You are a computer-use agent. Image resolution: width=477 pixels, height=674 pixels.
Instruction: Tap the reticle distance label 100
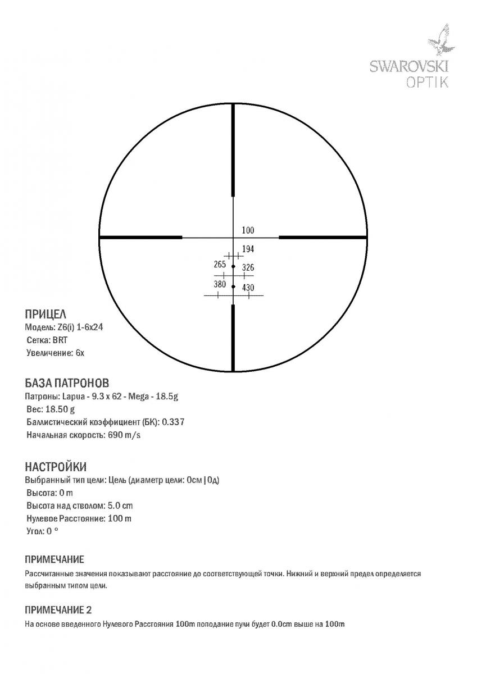click(248, 230)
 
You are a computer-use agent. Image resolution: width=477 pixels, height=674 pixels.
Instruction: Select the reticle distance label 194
click(248, 249)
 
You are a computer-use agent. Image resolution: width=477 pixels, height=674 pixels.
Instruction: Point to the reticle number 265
click(220, 265)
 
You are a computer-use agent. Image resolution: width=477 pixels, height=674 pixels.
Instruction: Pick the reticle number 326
click(248, 268)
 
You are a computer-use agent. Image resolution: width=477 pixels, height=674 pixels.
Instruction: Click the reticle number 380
click(220, 284)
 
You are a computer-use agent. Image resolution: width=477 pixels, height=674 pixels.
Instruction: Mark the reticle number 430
click(248, 288)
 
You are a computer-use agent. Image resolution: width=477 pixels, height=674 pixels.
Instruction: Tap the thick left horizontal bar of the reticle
click(140, 238)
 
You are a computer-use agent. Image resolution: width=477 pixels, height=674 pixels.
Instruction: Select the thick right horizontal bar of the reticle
click(323, 238)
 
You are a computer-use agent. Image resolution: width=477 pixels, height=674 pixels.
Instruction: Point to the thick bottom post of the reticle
click(233, 337)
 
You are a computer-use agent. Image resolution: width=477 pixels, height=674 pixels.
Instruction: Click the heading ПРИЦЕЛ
click(46, 315)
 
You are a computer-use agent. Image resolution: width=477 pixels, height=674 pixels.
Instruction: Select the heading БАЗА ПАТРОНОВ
click(67, 384)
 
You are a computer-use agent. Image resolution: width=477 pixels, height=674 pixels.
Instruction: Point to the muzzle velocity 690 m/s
click(124, 435)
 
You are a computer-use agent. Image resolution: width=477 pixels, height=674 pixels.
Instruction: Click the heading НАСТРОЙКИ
click(56, 467)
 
